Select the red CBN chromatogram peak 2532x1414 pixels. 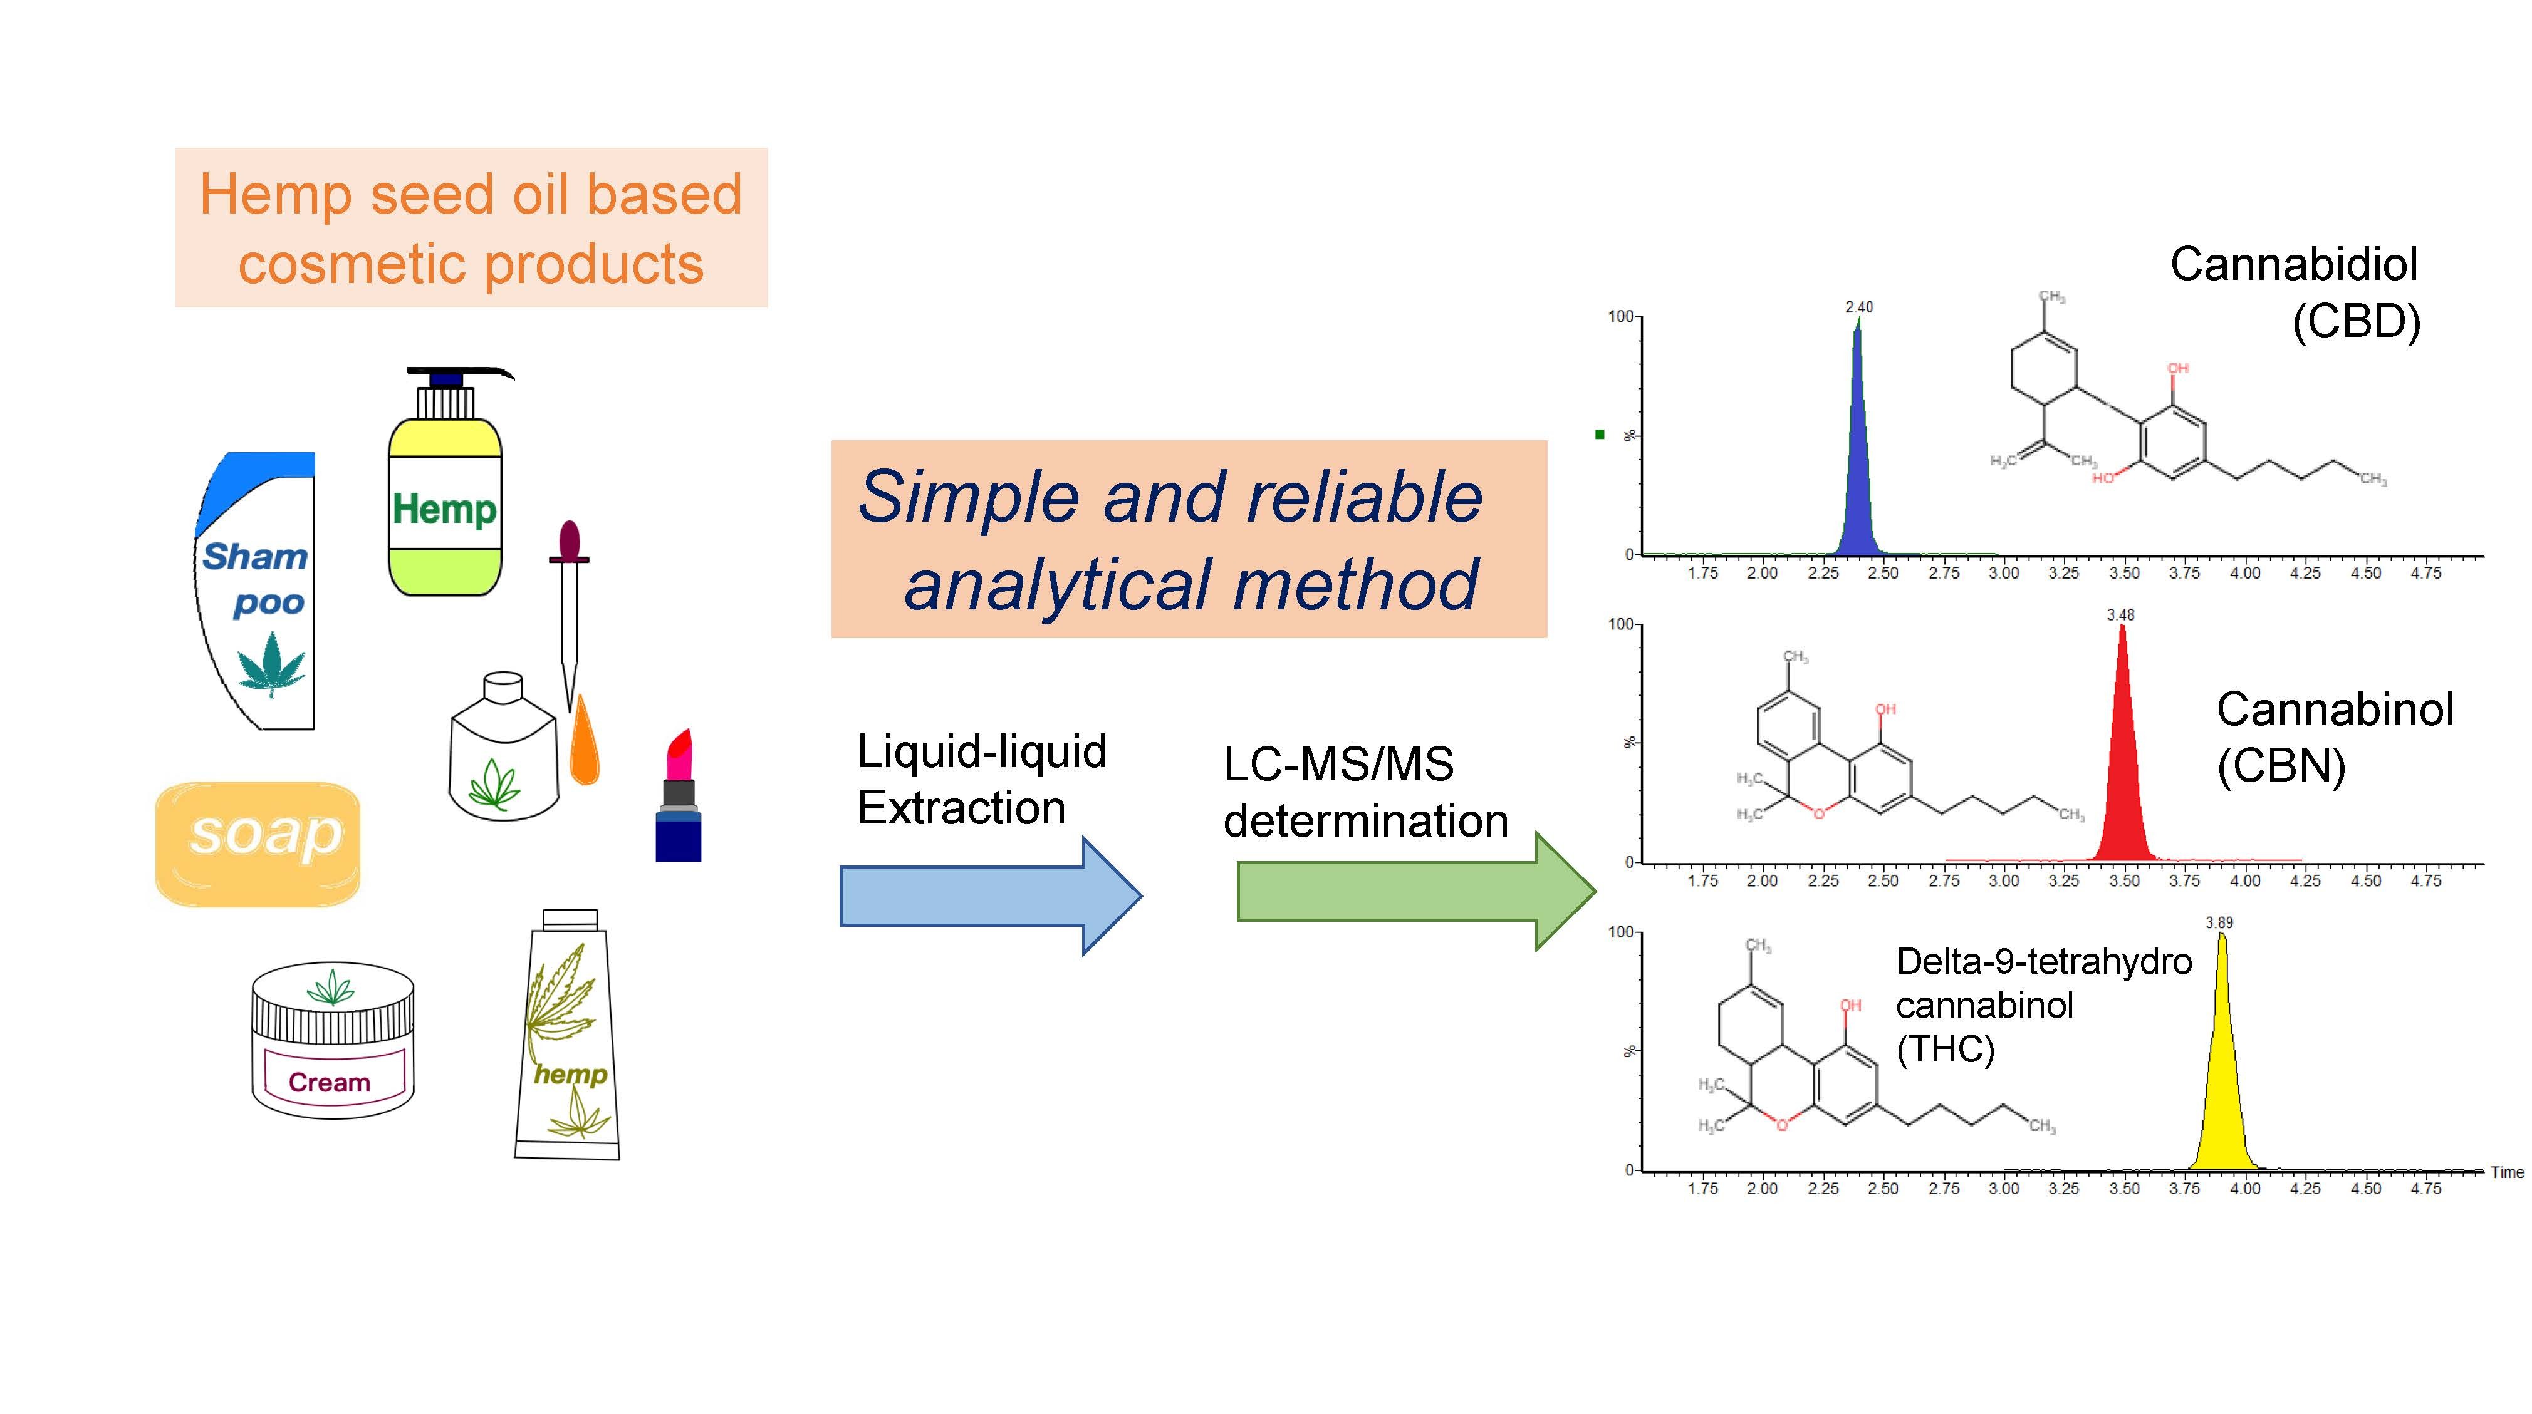point(2123,786)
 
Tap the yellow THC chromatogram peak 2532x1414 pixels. point(2222,1091)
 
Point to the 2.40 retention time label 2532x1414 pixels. point(1858,307)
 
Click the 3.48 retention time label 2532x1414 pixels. point(2120,615)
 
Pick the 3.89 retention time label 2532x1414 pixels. point(2219,922)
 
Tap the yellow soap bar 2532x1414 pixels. point(258,843)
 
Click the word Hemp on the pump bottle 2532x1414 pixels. point(444,509)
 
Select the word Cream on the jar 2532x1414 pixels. point(330,1082)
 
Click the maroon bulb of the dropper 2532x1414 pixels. point(569,539)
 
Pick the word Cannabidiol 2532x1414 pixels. point(2293,264)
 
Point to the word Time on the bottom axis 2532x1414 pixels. point(2506,1172)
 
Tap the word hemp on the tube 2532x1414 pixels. point(570,1074)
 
